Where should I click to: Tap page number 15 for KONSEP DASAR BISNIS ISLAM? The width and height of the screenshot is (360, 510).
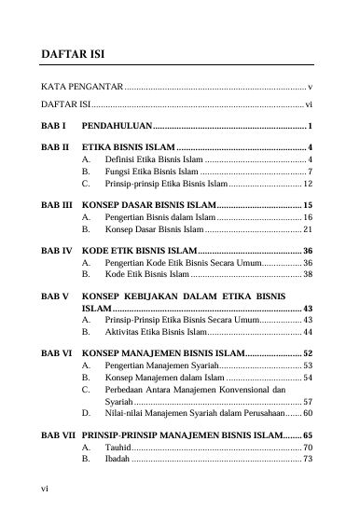(x=307, y=204)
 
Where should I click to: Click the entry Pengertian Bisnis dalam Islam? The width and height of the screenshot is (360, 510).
(x=155, y=216)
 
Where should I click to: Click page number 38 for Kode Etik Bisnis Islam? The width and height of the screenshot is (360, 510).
(x=307, y=276)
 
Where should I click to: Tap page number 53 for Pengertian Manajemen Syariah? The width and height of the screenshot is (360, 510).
(x=307, y=367)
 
